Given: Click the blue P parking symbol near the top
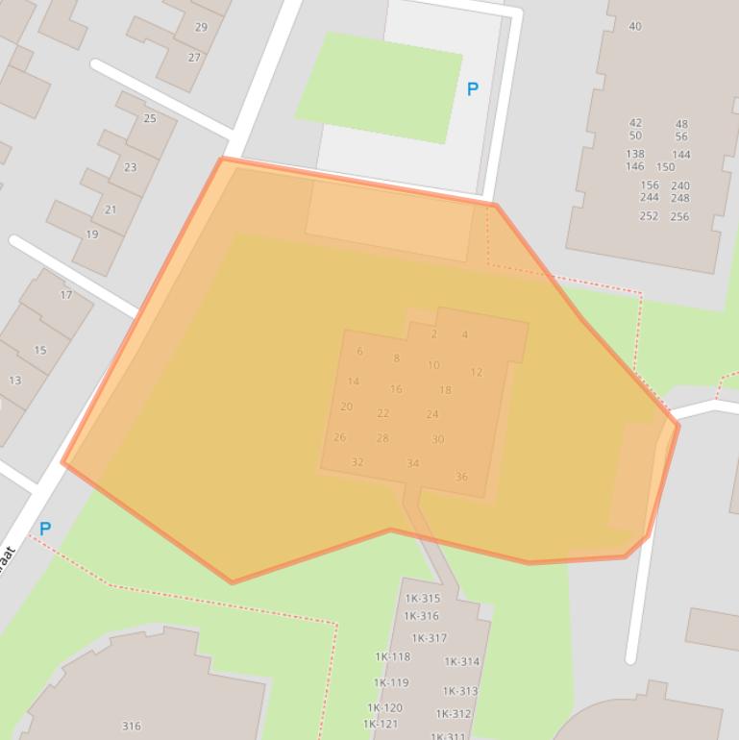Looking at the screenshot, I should (472, 89).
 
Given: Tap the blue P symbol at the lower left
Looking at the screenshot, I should (44, 529).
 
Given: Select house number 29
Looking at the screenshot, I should (201, 27).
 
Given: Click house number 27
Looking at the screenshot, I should (195, 58).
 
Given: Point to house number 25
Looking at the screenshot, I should (150, 118).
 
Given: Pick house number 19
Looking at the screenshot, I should (92, 234).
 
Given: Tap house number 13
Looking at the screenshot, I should (15, 381).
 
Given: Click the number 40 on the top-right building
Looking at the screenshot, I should (635, 26).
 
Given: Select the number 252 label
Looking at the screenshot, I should (650, 216).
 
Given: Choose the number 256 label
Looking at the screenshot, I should (679, 216).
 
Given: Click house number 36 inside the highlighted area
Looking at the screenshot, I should (461, 477).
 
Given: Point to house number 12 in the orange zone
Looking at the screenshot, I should (477, 372).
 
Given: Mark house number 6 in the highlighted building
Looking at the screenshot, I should (360, 351).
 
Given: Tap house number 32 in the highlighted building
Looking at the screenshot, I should (357, 462).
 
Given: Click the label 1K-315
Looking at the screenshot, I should (422, 599).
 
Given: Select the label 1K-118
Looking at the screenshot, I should (392, 657).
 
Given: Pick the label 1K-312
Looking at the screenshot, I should (454, 714).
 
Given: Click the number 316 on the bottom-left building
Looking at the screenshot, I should (132, 727).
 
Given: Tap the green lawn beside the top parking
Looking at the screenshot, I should (380, 86).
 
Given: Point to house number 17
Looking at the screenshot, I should (66, 295).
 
